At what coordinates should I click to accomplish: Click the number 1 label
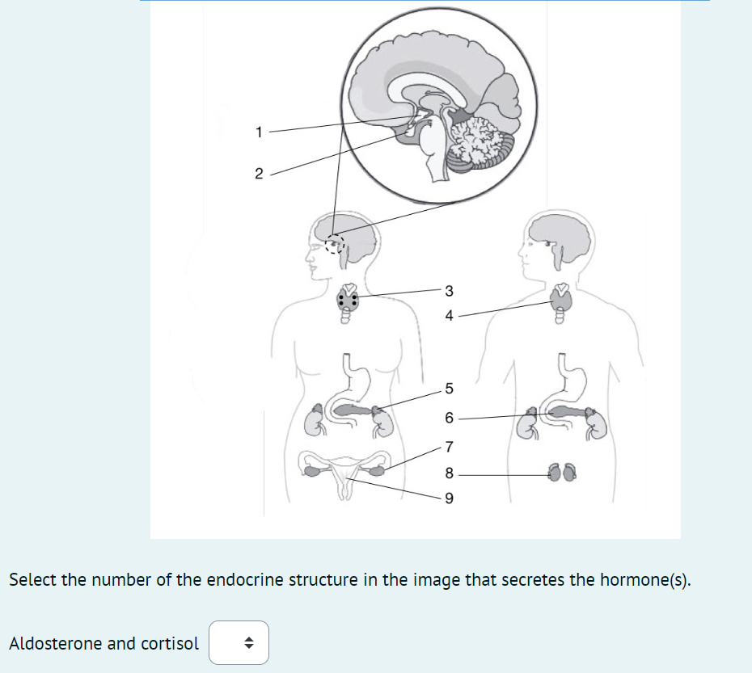coord(258,132)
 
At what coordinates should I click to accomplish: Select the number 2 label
coord(258,174)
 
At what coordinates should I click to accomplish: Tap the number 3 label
coord(450,291)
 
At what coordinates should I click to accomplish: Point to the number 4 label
coord(450,316)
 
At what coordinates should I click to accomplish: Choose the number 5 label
coord(450,389)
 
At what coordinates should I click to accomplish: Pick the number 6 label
coord(450,419)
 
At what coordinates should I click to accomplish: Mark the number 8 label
coord(450,473)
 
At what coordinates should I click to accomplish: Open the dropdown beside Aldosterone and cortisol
coord(239,643)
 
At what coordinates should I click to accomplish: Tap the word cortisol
coord(170,643)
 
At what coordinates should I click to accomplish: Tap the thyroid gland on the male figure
coord(561,302)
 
